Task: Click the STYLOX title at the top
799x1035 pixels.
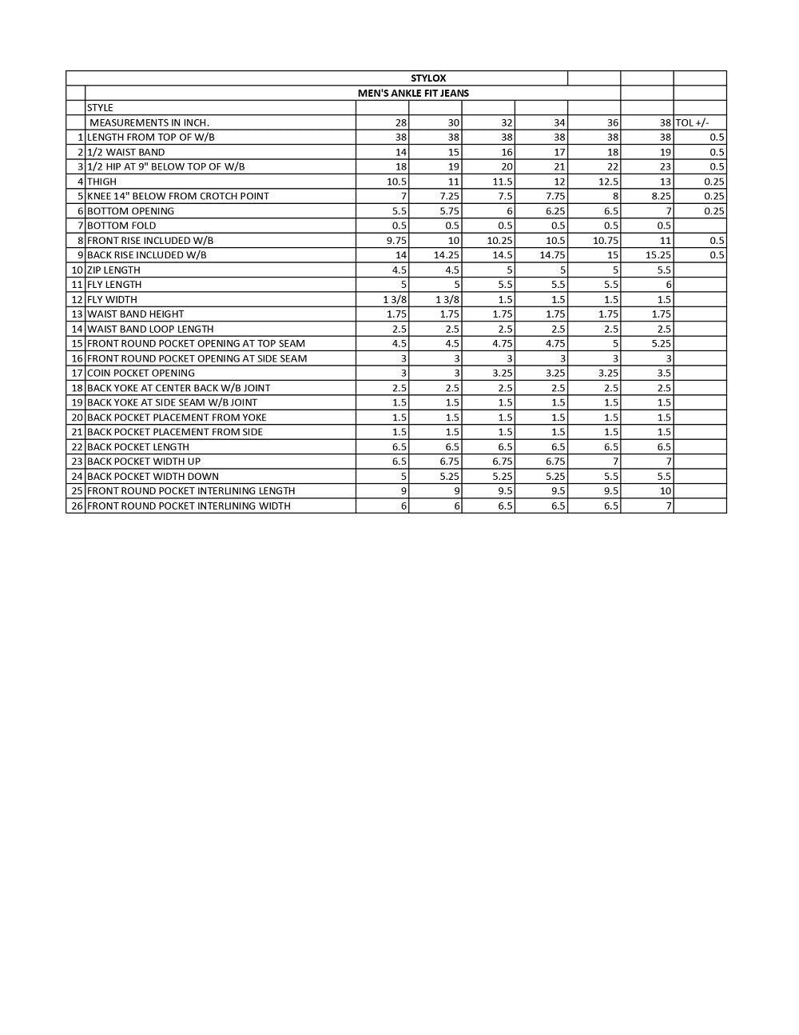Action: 428,78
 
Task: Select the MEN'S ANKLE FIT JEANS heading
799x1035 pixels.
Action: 413,93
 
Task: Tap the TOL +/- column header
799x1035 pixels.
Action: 692,122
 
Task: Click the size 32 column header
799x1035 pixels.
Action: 507,122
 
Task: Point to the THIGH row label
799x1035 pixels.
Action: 101,182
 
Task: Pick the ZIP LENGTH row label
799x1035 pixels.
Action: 113,270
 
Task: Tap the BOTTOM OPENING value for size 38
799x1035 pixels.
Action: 668,211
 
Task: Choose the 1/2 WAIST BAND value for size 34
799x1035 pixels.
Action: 559,152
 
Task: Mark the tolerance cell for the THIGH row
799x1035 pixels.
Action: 714,182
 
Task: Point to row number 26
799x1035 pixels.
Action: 77,506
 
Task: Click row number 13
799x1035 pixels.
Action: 77,314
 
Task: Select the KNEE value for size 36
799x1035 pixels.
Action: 615,196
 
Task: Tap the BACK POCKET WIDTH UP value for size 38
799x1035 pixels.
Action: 668,462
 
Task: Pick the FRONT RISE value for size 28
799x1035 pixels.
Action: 396,240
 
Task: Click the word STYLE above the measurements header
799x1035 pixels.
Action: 100,107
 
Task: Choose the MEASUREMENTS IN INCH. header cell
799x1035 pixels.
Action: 149,122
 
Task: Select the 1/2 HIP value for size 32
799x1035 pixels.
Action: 507,166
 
